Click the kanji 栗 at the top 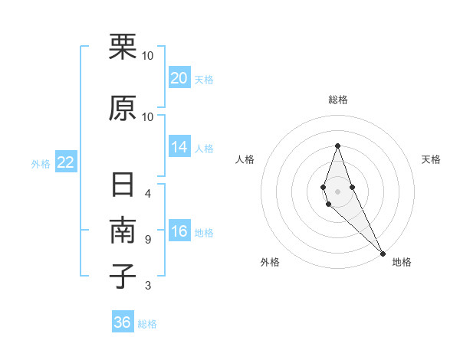123,47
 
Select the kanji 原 123,108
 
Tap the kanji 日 123,187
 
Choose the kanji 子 123,277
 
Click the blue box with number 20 179,78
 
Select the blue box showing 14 179,147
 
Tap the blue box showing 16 179,232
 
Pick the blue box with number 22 66,162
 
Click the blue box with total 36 123,322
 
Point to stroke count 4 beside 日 148,193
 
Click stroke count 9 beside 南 148,240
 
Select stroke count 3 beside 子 148,286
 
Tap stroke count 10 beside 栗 148,55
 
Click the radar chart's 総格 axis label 337,100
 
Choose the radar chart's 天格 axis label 432,159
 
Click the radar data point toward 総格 337,145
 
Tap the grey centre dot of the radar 337,191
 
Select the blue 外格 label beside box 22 41,163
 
